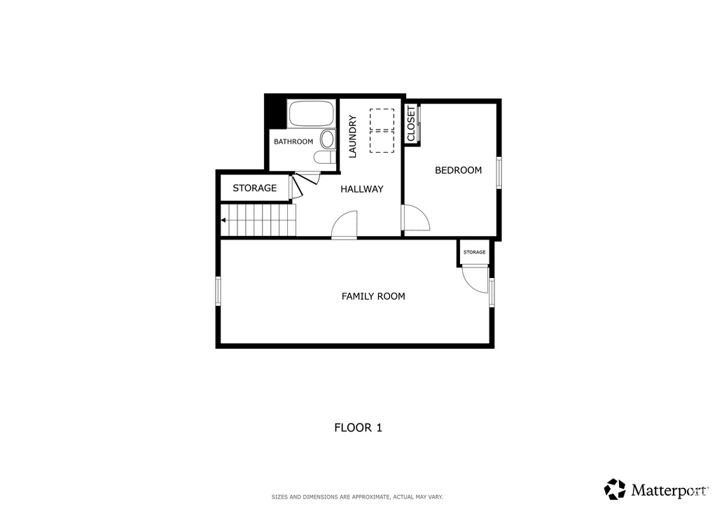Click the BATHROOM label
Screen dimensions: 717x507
point(293,141)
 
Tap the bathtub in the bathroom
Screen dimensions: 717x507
point(312,114)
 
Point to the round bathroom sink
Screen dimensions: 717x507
point(328,139)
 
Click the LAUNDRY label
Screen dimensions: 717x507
point(353,137)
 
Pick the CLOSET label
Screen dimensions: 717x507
point(411,123)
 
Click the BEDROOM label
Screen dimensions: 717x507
point(458,170)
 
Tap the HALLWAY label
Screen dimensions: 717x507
point(362,189)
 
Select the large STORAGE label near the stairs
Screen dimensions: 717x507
point(255,188)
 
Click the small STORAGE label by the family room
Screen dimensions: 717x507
point(474,252)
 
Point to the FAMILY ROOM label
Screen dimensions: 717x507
point(373,296)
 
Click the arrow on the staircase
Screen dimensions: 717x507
point(223,221)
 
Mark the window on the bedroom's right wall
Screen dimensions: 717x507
point(499,172)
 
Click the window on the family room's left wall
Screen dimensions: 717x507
point(218,291)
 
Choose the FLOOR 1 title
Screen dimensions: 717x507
point(358,428)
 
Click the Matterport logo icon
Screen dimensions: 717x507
point(615,489)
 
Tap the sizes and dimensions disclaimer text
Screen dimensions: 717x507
point(357,497)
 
